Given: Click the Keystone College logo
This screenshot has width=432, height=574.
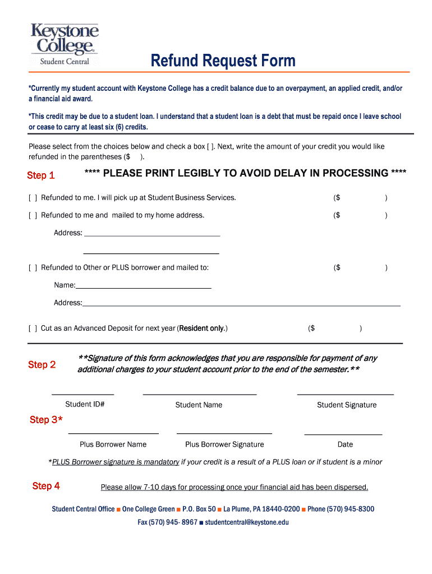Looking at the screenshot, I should [x=65, y=44].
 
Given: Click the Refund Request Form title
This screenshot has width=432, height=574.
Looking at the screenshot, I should [x=223, y=61].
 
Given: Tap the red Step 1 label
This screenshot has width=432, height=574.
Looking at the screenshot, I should [x=41, y=175].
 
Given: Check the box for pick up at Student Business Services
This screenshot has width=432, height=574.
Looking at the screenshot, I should [x=33, y=198].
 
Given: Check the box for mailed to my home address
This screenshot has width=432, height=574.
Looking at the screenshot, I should [x=33, y=215].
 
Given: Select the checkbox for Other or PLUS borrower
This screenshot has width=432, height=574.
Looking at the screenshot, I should [x=33, y=268].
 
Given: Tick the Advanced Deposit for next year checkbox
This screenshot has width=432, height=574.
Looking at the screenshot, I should [x=33, y=328].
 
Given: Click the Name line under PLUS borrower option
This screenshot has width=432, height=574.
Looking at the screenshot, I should [x=143, y=285].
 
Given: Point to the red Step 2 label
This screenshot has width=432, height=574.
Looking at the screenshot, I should [x=42, y=365].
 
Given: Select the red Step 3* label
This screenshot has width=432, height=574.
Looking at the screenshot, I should [x=46, y=420].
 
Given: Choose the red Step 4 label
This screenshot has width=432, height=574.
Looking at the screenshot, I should [x=46, y=486].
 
